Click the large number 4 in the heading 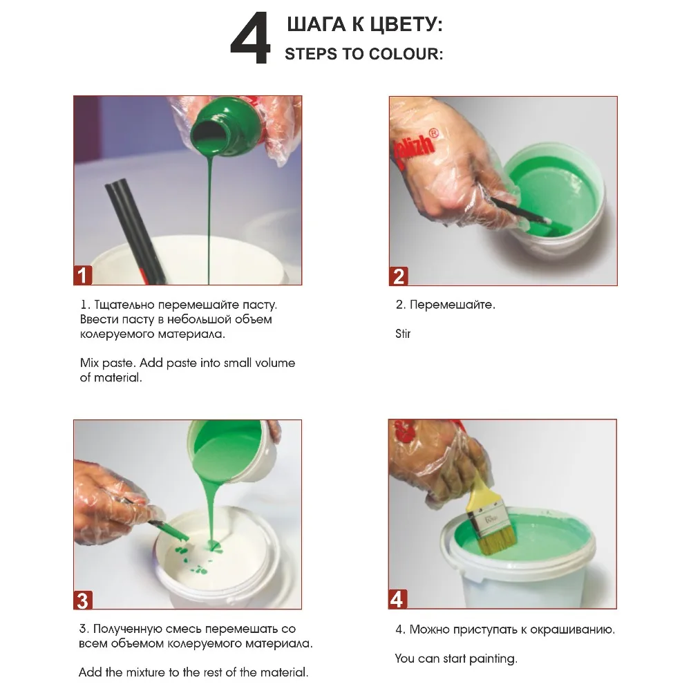[x=250, y=40]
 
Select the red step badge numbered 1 [x=83, y=276]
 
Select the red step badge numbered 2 [x=398, y=276]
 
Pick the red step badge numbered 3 [x=83, y=600]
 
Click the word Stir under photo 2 [x=403, y=334]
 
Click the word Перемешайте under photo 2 [x=452, y=305]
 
